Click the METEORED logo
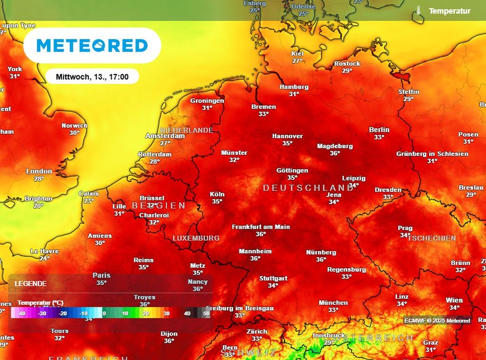tap(92, 46)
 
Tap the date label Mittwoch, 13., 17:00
tap(92, 76)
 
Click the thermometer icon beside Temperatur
tap(418, 11)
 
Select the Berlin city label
tap(379, 130)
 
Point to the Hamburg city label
tap(294, 87)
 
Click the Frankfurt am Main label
tap(261, 227)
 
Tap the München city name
tap(333, 303)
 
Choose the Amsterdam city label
tap(165, 136)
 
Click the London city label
tap(39, 171)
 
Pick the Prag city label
tap(405, 228)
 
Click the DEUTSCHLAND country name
tap(308, 188)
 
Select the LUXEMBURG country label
tap(196, 238)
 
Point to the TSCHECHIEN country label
tap(431, 238)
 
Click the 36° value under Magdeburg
tap(335, 153)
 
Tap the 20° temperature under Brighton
tap(38, 206)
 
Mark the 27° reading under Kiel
tap(298, 61)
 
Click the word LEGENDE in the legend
tap(30, 284)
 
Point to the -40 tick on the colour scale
tap(21, 313)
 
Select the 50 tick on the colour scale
tap(206, 313)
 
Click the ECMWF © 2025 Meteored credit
tap(437, 321)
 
